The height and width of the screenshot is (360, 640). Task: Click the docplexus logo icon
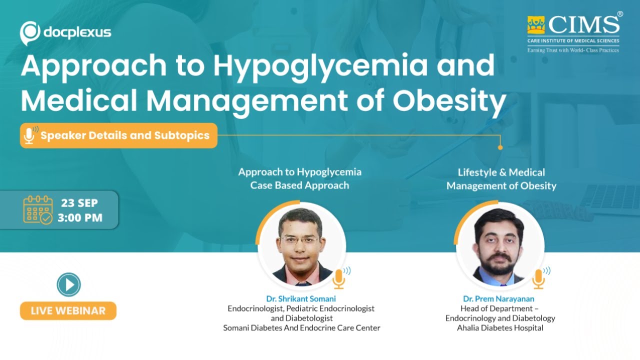click(30, 33)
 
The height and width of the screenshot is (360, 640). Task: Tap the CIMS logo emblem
click(536, 25)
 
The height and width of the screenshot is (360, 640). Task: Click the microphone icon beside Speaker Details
click(29, 135)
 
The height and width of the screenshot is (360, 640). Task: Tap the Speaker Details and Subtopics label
click(124, 135)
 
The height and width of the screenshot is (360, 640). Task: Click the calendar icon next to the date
click(37, 210)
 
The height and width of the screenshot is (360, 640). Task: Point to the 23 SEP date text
click(79, 203)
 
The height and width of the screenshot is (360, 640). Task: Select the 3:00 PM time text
click(79, 218)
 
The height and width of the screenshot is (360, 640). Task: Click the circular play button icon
click(68, 285)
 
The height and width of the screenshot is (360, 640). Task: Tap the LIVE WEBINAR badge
click(68, 310)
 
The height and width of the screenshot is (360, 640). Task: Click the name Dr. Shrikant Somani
click(301, 299)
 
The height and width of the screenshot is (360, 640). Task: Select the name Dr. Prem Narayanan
click(500, 299)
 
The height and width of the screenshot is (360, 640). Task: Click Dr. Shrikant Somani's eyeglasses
click(300, 240)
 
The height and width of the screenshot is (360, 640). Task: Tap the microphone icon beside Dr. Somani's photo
click(339, 278)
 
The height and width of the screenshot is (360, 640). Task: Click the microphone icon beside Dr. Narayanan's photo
click(538, 278)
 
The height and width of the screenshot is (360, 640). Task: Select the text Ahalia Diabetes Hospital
click(500, 328)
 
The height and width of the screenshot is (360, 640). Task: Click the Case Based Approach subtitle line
click(299, 185)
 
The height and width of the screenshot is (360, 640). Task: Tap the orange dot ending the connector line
click(500, 147)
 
